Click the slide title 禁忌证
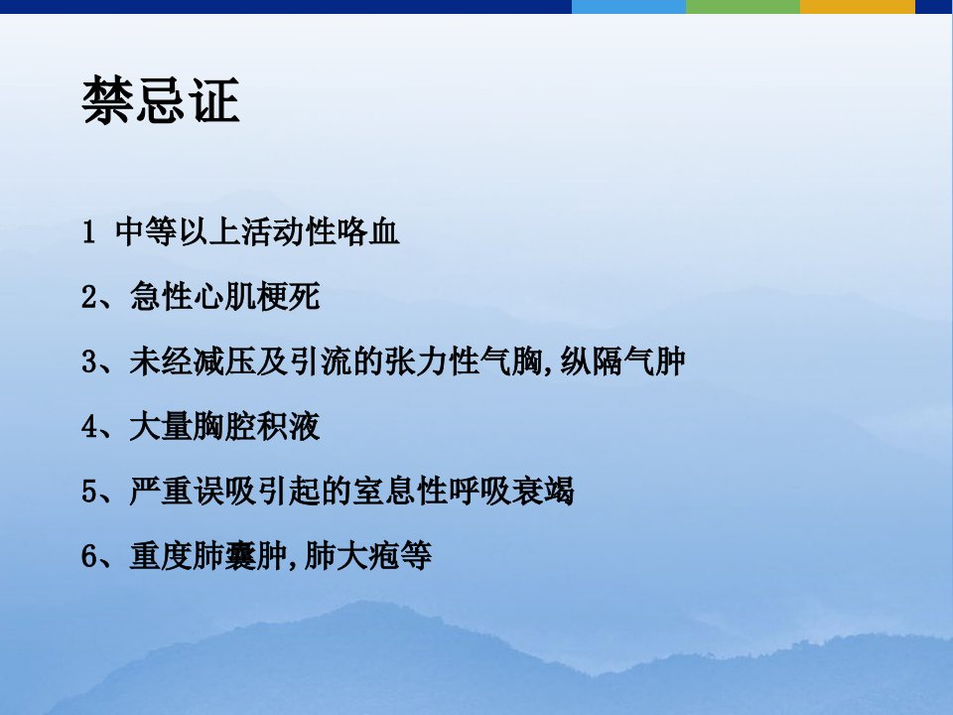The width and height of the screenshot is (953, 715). [161, 101]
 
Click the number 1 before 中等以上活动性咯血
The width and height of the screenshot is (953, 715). [88, 231]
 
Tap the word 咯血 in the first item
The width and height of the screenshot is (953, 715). [368, 231]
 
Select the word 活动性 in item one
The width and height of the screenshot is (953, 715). [289, 231]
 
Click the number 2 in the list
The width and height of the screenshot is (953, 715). [89, 297]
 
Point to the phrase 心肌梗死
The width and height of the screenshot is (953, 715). [256, 297]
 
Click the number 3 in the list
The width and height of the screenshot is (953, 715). [89, 361]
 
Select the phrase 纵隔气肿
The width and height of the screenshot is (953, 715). [623, 361]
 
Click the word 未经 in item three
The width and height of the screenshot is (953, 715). [161, 361]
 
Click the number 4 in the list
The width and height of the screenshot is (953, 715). [89, 427]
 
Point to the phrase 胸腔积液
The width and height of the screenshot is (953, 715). [256, 427]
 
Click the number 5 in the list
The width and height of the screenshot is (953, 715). [89, 492]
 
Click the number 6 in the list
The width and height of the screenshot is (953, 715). [89, 556]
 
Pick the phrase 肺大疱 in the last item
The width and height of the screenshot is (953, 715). [351, 556]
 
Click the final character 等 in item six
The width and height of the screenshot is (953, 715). [416, 556]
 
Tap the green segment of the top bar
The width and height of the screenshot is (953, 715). [743, 7]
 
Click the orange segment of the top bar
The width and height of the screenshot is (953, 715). [857, 7]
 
